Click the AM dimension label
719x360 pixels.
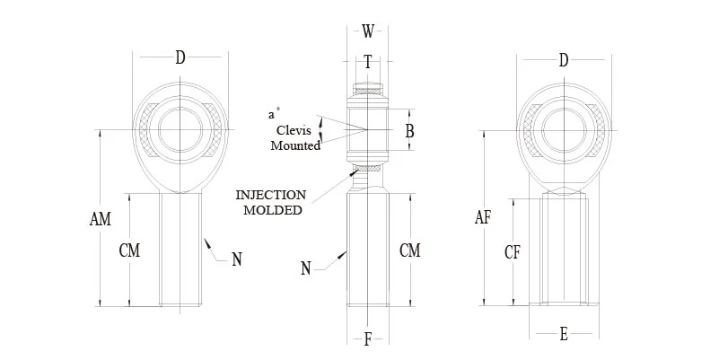click(x=102, y=218)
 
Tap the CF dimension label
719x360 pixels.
click(x=513, y=253)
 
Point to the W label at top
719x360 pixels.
click(x=368, y=32)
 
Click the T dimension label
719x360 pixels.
click(x=368, y=61)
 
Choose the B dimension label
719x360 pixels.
click(x=409, y=131)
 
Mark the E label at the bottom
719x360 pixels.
click(x=564, y=335)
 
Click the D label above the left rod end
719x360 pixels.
click(x=180, y=58)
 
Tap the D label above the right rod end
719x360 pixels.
click(x=564, y=60)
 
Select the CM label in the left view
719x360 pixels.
click(x=129, y=250)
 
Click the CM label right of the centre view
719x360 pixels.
click(x=409, y=250)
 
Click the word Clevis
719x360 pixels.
click(x=295, y=130)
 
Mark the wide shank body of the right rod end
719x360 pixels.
click(x=564, y=251)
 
